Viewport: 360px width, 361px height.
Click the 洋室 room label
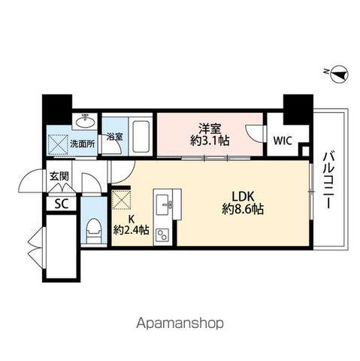[209, 128]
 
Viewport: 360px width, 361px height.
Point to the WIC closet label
[283, 141]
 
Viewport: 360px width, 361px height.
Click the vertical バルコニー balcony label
[328, 180]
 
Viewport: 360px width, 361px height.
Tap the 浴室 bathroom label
[114, 137]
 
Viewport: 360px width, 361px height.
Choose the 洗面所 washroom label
[82, 141]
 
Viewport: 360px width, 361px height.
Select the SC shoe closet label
[60, 203]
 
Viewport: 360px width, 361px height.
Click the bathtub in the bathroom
[138, 135]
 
